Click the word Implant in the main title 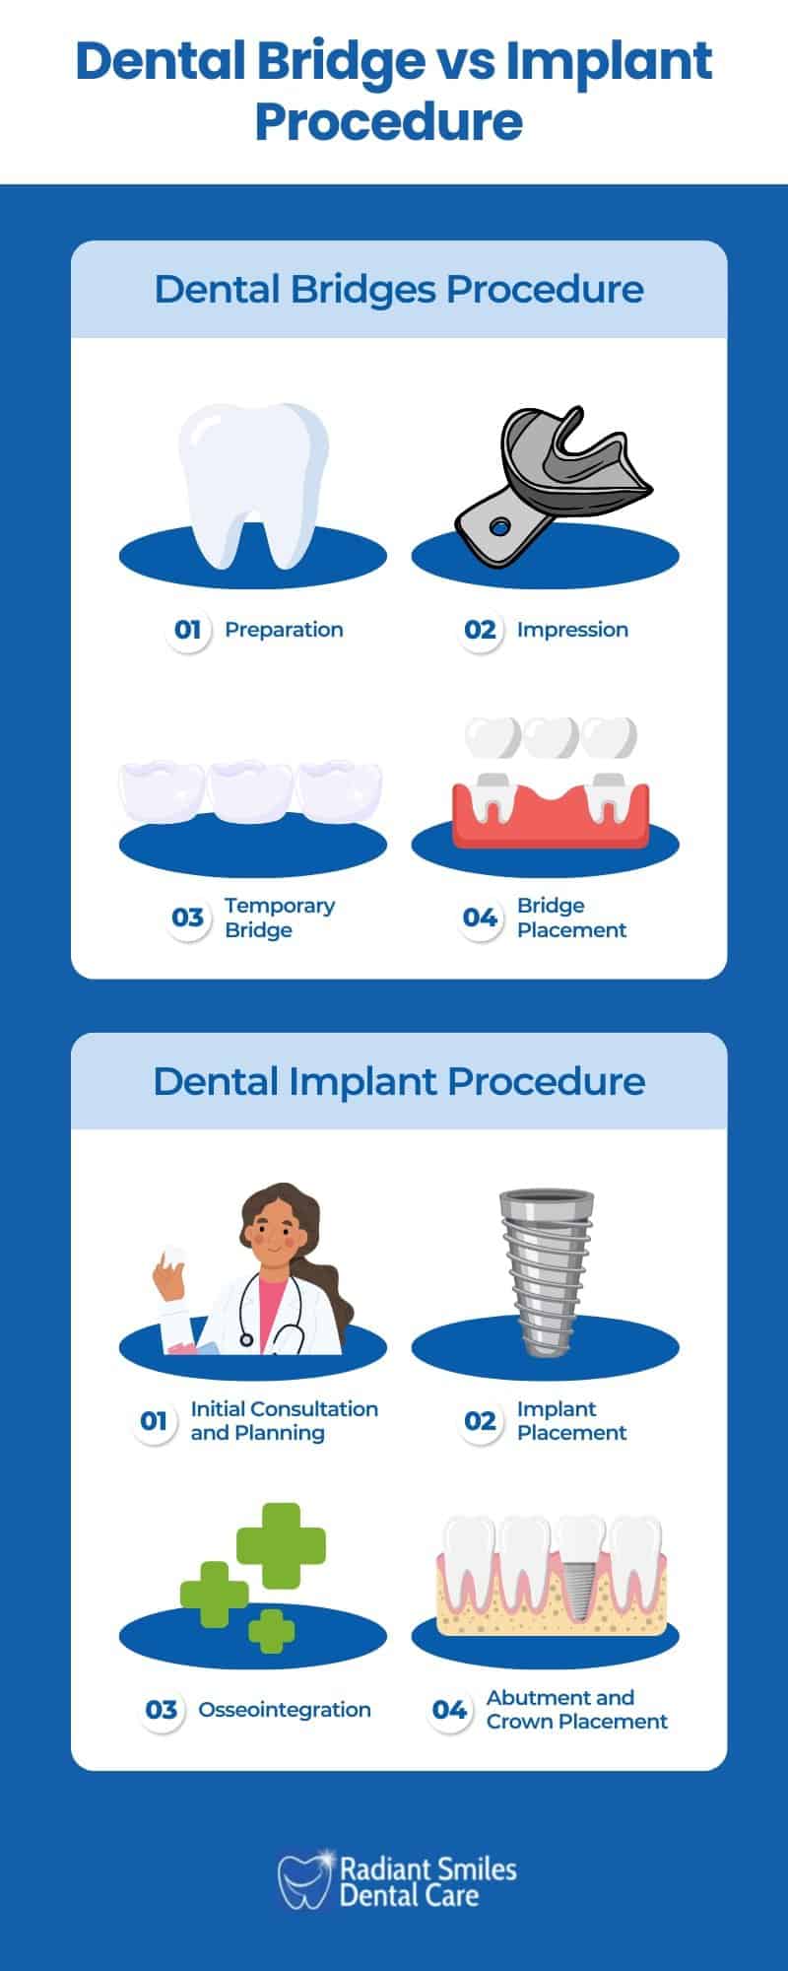pyautogui.click(x=609, y=64)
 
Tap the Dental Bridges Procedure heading pyautogui.click(x=399, y=290)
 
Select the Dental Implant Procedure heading pyautogui.click(x=399, y=1081)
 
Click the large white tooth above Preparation pyautogui.click(x=253, y=478)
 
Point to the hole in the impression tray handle pyautogui.click(x=499, y=527)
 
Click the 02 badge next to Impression pyautogui.click(x=480, y=630)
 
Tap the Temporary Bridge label pyautogui.click(x=280, y=918)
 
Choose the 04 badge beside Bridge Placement pyautogui.click(x=480, y=918)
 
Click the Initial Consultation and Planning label pyautogui.click(x=284, y=1421)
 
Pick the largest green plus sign pyautogui.click(x=281, y=1545)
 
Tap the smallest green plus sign pyautogui.click(x=271, y=1631)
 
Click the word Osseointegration pyautogui.click(x=285, y=1710)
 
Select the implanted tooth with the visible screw pyautogui.click(x=579, y=1567)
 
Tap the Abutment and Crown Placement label pyautogui.click(x=576, y=1710)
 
